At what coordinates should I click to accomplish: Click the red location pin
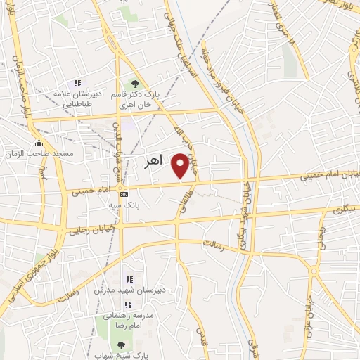pyautogui.click(x=181, y=165)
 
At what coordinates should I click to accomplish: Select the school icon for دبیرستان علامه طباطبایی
pyautogui.click(x=77, y=83)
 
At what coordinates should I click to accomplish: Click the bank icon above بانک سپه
pyautogui.click(x=124, y=194)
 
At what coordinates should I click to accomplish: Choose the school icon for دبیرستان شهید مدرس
pyautogui.click(x=129, y=279)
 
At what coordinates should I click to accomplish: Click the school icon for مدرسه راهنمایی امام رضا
pyautogui.click(x=129, y=304)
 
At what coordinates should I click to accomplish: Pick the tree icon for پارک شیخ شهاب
pyautogui.click(x=120, y=345)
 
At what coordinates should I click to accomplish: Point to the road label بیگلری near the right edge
pyautogui.click(x=345, y=209)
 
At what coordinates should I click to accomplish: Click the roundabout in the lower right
pyautogui.click(x=314, y=271)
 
